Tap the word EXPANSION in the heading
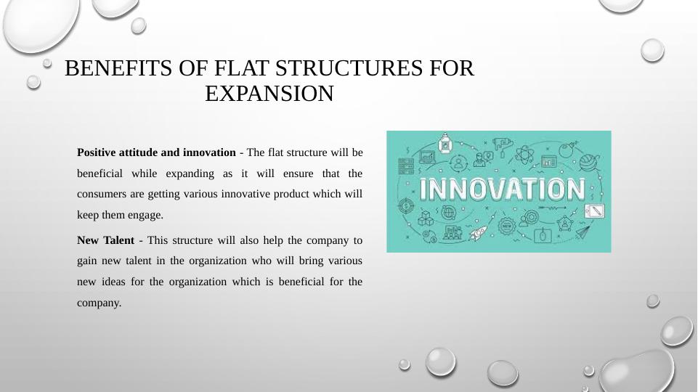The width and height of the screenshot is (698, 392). pyautogui.click(x=269, y=94)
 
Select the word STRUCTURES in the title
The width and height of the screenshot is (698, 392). pyautogui.click(x=349, y=68)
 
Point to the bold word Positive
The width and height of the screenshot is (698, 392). pyautogui.click(x=96, y=152)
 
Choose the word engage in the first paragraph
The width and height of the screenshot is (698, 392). pyautogui.click(x=145, y=216)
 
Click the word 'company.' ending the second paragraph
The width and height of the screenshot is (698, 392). pyautogui.click(x=100, y=303)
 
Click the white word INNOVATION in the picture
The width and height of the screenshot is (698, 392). pyautogui.click(x=502, y=189)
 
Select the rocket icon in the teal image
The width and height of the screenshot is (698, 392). pyautogui.click(x=477, y=232)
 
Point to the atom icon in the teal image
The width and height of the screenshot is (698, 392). pyautogui.click(x=524, y=155)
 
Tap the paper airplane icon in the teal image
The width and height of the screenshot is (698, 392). pyautogui.click(x=583, y=232)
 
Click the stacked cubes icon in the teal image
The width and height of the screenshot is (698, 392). pyautogui.click(x=426, y=218)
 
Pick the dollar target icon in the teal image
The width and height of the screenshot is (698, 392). pyautogui.click(x=405, y=205)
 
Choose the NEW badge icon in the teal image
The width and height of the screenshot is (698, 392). pyautogui.click(x=506, y=226)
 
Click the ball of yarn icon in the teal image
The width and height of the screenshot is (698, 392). pyautogui.click(x=588, y=162)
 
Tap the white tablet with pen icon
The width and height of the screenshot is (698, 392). pyautogui.click(x=594, y=211)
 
